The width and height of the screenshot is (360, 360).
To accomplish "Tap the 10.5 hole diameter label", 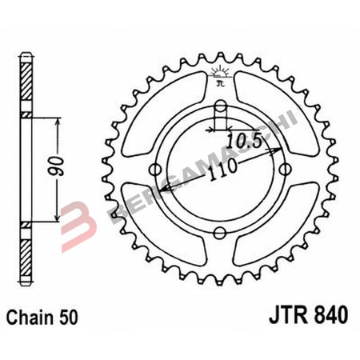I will pyautogui.click(x=246, y=141).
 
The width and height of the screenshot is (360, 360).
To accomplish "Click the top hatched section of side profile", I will pyautogui.click(x=26, y=90).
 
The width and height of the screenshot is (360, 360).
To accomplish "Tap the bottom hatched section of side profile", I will pyautogui.click(x=26, y=248).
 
